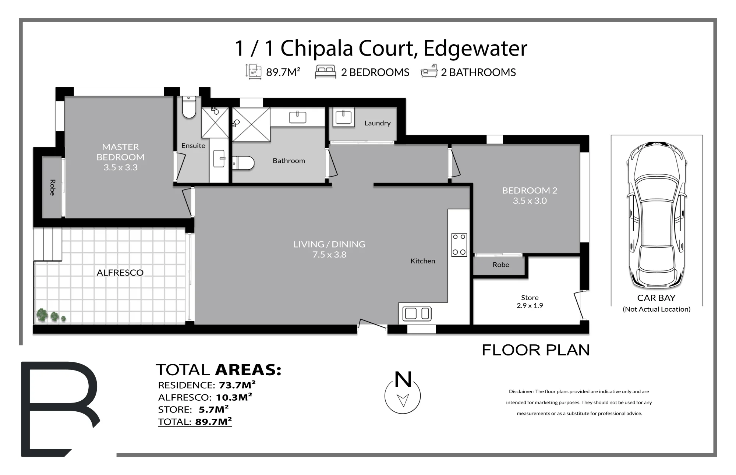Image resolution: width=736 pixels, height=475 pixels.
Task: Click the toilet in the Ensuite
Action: coord(189,107)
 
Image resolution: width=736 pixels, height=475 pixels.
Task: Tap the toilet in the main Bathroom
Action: coord(243,163)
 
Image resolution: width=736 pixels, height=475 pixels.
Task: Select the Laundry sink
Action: coord(343,117)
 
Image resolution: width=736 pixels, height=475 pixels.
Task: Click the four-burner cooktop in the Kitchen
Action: coord(459,245)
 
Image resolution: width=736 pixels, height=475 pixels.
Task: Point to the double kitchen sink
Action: coord(417,313)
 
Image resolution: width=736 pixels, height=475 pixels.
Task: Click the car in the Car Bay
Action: coord(657,215)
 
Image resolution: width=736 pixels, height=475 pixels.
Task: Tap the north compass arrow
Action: coord(403,400)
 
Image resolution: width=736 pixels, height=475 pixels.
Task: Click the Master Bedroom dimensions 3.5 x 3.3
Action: coord(120,167)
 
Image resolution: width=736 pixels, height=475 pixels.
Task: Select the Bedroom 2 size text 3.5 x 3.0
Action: coord(530,201)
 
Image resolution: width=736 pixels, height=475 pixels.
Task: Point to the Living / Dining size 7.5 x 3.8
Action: coord(329,255)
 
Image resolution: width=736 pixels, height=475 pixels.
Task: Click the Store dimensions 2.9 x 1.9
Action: coord(530,305)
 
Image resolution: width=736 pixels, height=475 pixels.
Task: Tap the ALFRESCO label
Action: coord(120,273)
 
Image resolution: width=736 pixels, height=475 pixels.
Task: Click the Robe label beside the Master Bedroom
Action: coord(52,188)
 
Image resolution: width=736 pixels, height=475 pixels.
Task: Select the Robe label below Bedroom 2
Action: coord(501,265)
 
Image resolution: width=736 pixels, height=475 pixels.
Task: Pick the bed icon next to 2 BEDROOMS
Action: coord(325,72)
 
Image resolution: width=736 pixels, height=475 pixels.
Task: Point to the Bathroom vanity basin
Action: coord(297,117)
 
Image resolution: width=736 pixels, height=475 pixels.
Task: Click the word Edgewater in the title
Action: coord(475,48)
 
